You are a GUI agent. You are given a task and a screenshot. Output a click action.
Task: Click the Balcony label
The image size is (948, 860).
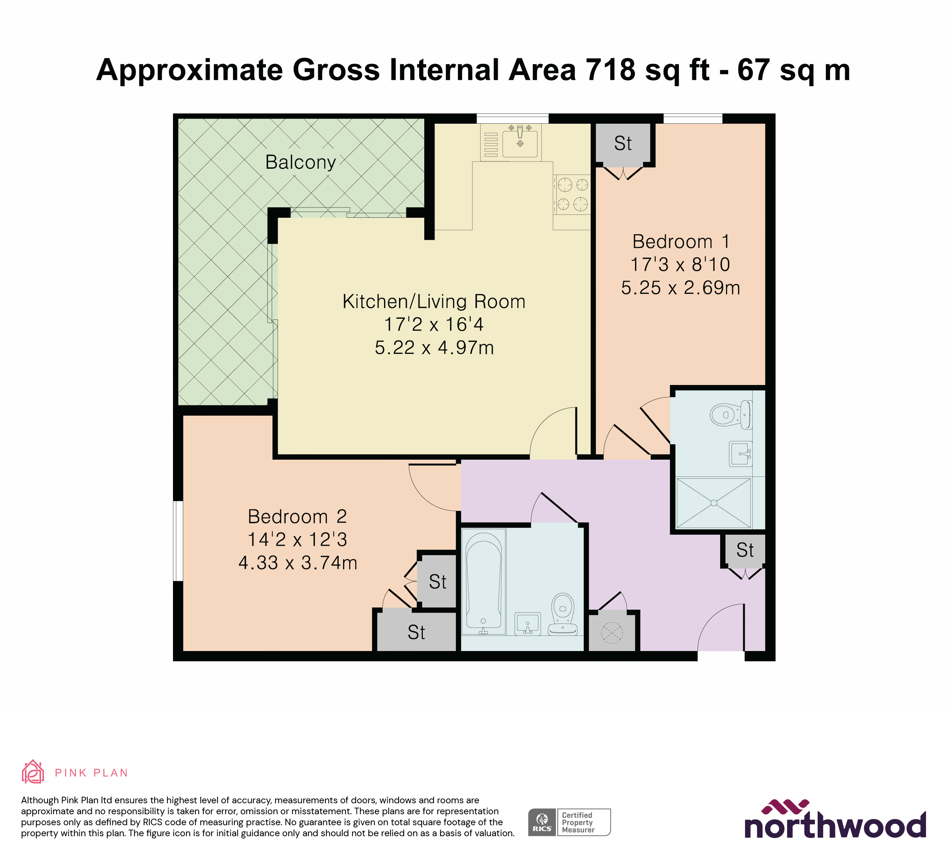point(301,162)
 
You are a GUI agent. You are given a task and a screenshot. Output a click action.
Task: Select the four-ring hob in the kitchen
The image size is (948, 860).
point(572,194)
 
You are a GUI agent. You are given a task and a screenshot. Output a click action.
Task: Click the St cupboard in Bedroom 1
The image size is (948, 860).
point(622,143)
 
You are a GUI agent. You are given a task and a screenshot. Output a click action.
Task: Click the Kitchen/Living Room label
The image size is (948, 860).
point(433,302)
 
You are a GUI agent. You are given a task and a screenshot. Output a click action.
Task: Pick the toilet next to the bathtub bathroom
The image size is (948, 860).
point(563,614)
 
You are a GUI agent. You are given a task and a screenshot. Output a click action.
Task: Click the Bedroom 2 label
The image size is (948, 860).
point(297,517)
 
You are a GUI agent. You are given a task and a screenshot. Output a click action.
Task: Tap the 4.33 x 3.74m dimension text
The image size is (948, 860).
point(298,563)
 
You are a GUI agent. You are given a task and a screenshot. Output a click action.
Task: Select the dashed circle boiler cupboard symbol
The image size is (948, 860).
point(612,633)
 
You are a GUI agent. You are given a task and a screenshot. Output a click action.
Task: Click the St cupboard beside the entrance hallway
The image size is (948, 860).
point(745,550)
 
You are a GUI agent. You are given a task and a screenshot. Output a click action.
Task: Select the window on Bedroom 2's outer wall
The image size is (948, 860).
point(178,541)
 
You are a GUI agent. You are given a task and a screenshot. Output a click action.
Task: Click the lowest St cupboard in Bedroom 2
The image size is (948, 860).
point(417,632)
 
